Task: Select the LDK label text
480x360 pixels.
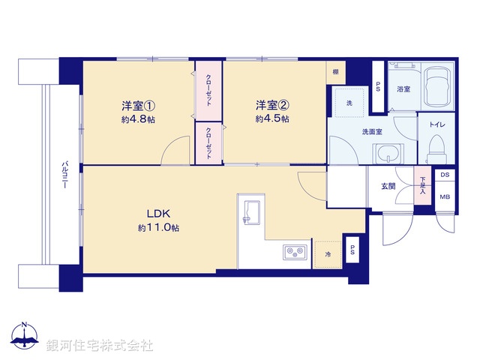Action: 157,212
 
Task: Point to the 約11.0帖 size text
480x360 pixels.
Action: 157,227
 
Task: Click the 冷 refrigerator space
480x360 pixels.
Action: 327,255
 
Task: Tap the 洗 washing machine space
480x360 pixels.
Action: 349,103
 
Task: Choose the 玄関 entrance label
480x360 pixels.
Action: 388,187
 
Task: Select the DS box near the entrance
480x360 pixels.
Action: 445,175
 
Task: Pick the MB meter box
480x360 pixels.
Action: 445,197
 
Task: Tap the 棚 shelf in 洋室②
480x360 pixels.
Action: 335,73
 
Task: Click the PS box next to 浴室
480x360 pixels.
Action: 378,85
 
